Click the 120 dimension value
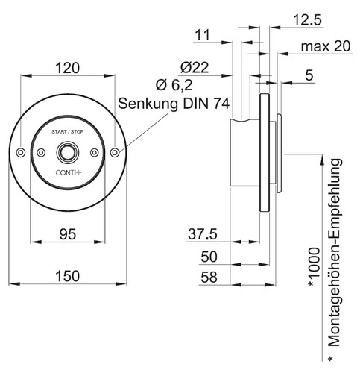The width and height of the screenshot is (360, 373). click(67, 68)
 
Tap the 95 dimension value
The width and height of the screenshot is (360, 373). click(68, 234)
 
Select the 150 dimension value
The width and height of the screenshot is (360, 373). click(68, 276)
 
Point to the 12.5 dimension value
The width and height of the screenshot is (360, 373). click(307, 20)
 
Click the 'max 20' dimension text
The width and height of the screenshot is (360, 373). click(326, 46)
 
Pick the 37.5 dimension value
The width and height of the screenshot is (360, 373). click(203, 234)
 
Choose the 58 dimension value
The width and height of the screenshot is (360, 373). click(209, 278)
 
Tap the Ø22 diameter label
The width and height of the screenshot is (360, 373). click(195, 68)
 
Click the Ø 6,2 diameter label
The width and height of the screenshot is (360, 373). click(174, 85)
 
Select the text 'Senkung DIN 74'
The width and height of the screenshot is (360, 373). click(174, 104)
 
